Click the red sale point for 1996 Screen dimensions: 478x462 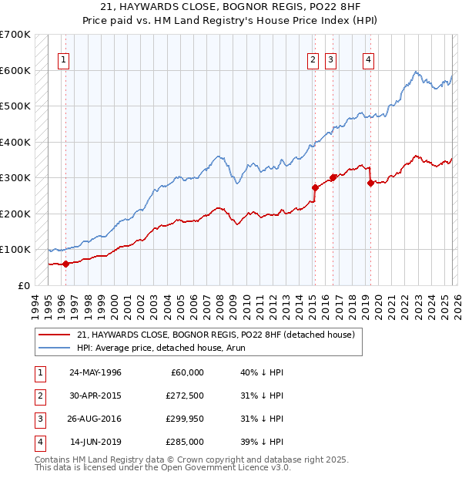pos(65,264)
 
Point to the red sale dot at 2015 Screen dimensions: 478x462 pos(315,187)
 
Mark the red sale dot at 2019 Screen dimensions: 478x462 pos(370,183)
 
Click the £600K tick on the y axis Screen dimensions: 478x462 pos(15,70)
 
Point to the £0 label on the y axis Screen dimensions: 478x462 pos(24,285)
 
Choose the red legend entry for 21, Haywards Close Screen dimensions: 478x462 pos(215,335)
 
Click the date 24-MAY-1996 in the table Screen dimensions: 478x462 pos(95,372)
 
